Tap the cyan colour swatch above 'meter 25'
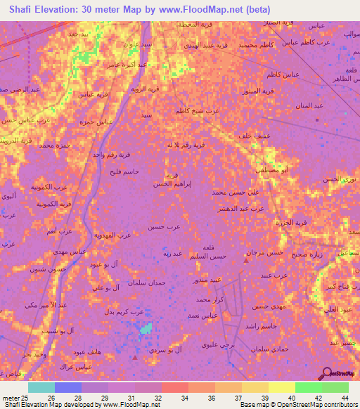[41, 387]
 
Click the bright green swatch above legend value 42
[308, 387]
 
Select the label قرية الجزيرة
[290, 223]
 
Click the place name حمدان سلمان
[146, 282]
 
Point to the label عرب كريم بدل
[131, 311]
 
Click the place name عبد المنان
[308, 105]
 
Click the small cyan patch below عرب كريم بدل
[146, 328]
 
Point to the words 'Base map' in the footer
[252, 405]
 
